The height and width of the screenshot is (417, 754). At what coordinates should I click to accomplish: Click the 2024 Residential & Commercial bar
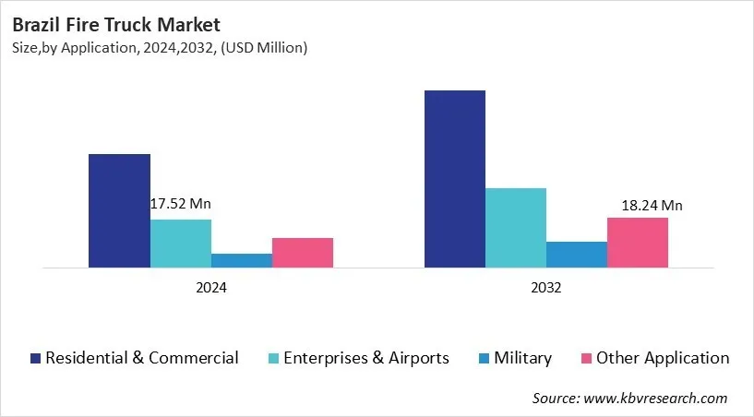point(119,210)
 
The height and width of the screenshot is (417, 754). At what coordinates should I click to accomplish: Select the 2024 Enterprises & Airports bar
point(180,244)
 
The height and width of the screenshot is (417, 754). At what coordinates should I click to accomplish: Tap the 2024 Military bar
point(241,260)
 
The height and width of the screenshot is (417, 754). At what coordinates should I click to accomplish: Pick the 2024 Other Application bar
point(302,253)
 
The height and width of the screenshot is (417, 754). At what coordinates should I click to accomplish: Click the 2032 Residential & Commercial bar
point(454,179)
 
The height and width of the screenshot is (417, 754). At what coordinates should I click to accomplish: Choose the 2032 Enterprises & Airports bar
point(515,228)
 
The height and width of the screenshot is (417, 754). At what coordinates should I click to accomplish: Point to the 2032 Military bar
point(576,255)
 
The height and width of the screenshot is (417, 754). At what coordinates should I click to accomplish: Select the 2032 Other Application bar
point(637,243)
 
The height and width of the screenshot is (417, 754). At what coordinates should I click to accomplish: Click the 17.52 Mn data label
point(181,204)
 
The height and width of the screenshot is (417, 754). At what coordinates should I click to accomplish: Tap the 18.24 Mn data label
point(652,205)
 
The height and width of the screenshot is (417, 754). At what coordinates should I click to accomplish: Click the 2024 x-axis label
point(210,288)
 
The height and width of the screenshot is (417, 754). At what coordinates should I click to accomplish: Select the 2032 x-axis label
point(545,288)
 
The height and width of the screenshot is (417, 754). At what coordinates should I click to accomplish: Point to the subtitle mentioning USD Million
point(160,47)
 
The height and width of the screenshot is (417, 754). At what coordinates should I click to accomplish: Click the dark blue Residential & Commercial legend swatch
point(35,358)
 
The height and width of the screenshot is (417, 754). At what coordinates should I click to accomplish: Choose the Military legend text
point(521,358)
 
